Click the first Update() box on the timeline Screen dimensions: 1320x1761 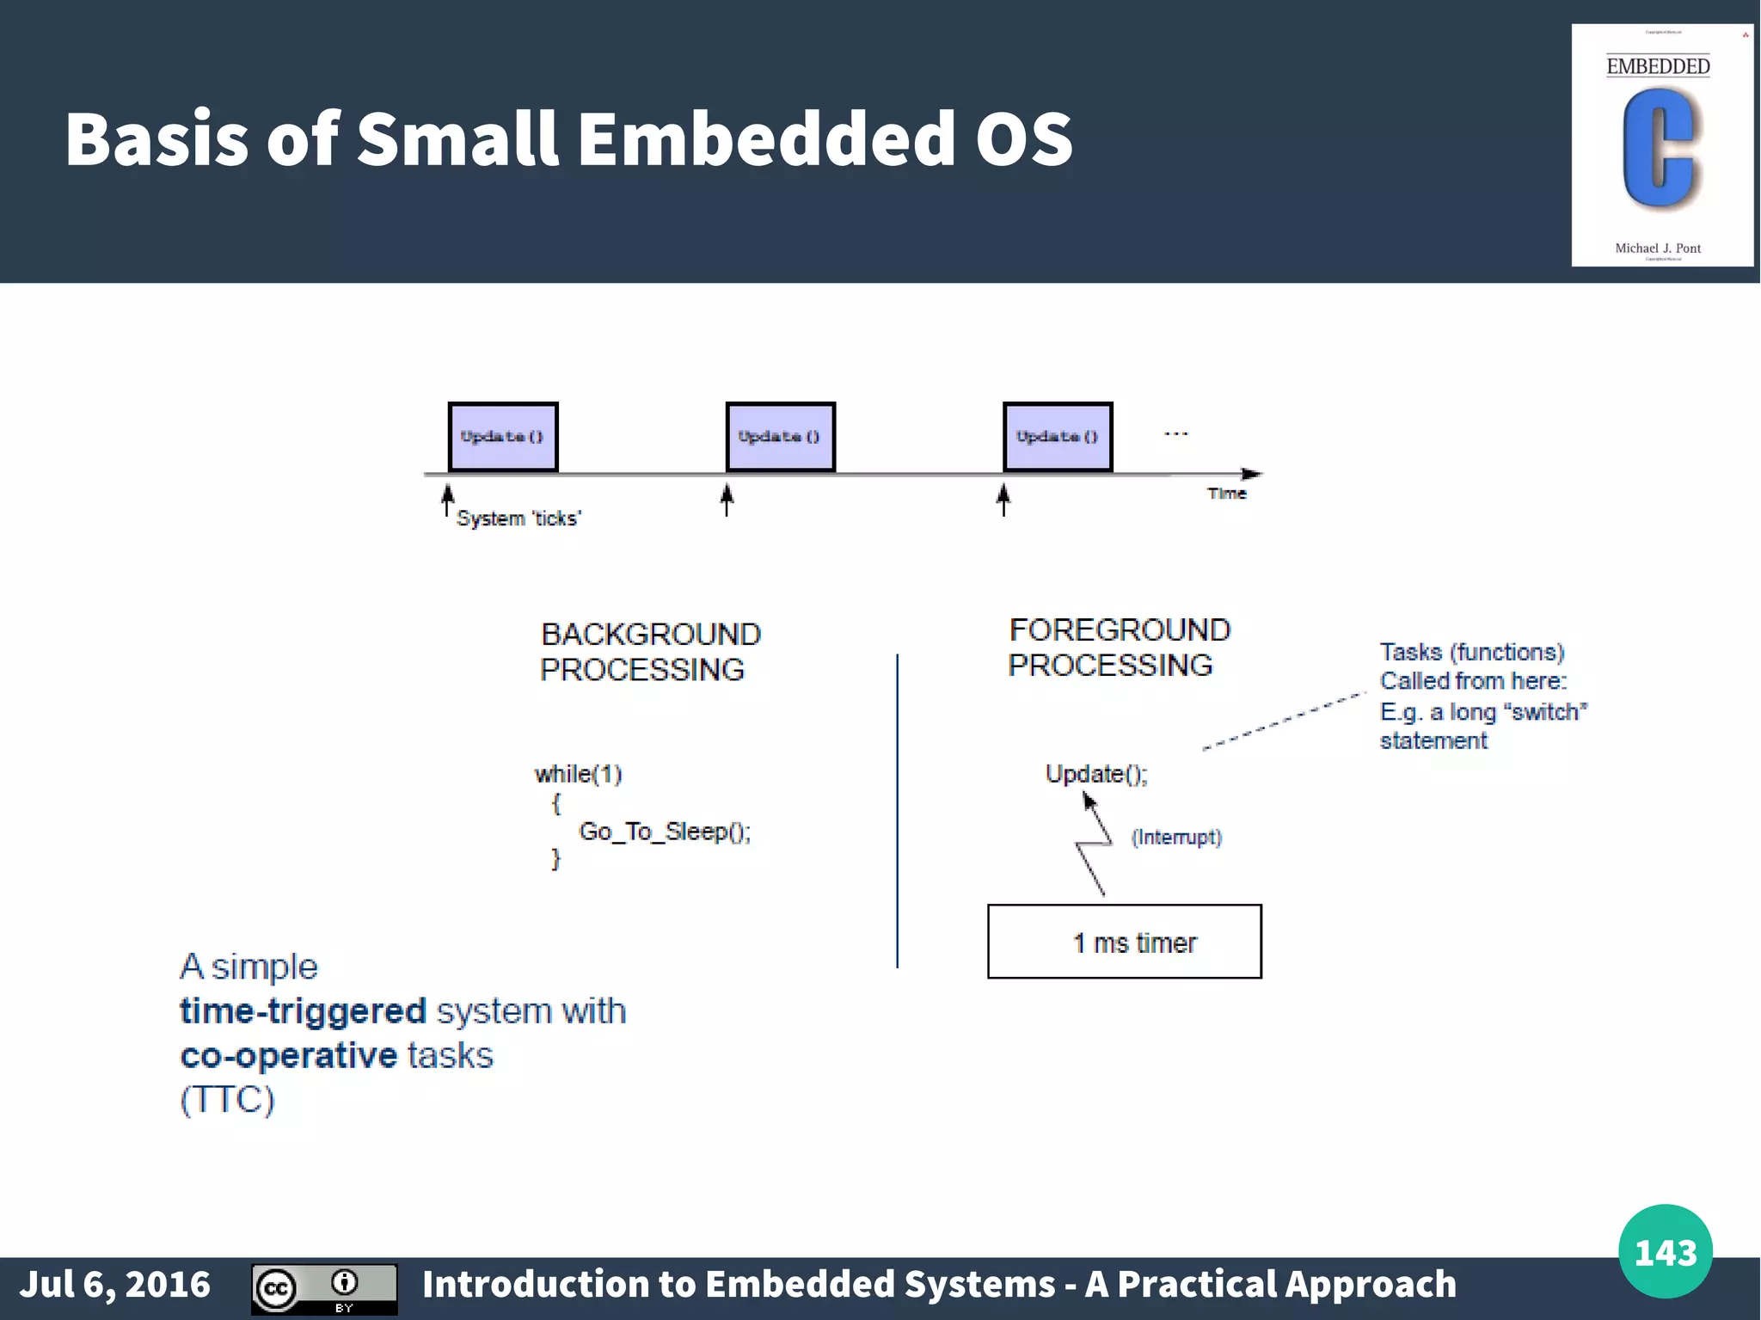503,437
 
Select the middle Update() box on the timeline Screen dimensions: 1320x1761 780,437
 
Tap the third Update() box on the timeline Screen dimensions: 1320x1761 1058,437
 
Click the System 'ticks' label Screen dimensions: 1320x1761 518,519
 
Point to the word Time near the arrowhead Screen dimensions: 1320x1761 1226,494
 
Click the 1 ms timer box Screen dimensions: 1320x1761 1124,942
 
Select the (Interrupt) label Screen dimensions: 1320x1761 1175,837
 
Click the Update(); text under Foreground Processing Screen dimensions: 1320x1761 1096,774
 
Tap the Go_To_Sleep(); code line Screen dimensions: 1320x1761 664,832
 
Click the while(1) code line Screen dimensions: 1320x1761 578,774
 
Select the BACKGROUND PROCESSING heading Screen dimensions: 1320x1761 649,652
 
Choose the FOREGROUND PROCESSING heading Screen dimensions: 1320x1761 1118,648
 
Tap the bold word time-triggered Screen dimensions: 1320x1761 303,1011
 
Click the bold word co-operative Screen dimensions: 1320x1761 288,1055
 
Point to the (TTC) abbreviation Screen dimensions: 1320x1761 227,1100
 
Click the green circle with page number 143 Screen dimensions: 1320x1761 1665,1251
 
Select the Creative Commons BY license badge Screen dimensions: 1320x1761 324,1288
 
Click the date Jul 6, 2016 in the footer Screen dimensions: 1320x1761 115,1284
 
